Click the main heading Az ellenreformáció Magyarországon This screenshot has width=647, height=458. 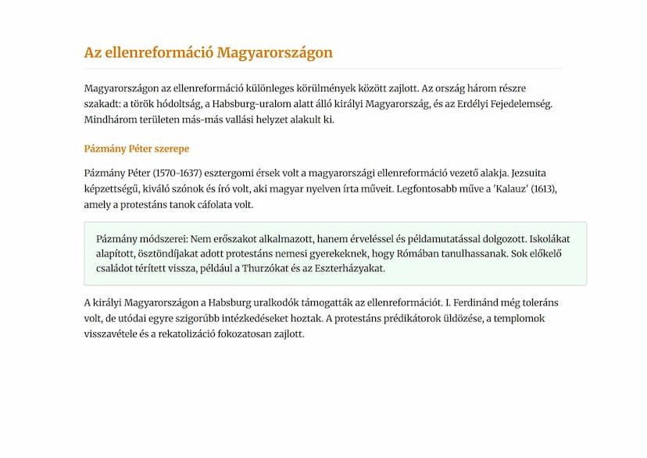[x=208, y=53]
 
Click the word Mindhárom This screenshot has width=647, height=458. [x=110, y=120]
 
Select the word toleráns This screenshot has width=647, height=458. [x=538, y=302]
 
